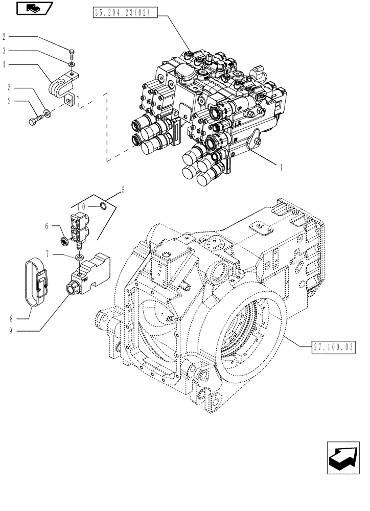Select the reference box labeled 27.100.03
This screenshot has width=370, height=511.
333,348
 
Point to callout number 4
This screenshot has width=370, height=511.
4,64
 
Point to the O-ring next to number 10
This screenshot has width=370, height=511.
103,206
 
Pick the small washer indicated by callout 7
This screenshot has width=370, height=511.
80,255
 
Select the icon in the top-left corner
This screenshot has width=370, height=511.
33,9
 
